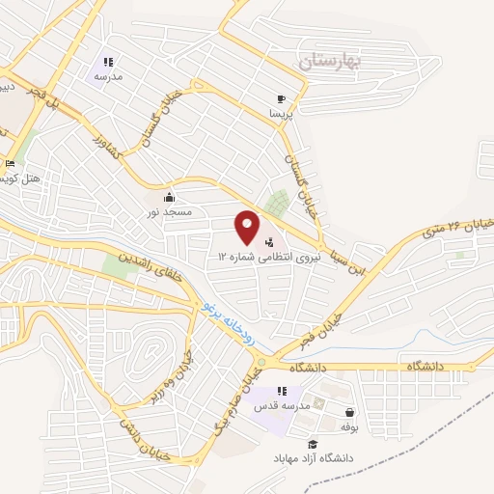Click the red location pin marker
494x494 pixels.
[x=248, y=227]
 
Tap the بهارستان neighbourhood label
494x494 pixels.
[x=329, y=63]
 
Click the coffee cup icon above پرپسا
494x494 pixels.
[x=282, y=98]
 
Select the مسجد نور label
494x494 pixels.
[x=171, y=209]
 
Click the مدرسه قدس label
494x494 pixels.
[x=281, y=407]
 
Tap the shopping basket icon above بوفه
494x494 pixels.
[x=347, y=411]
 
